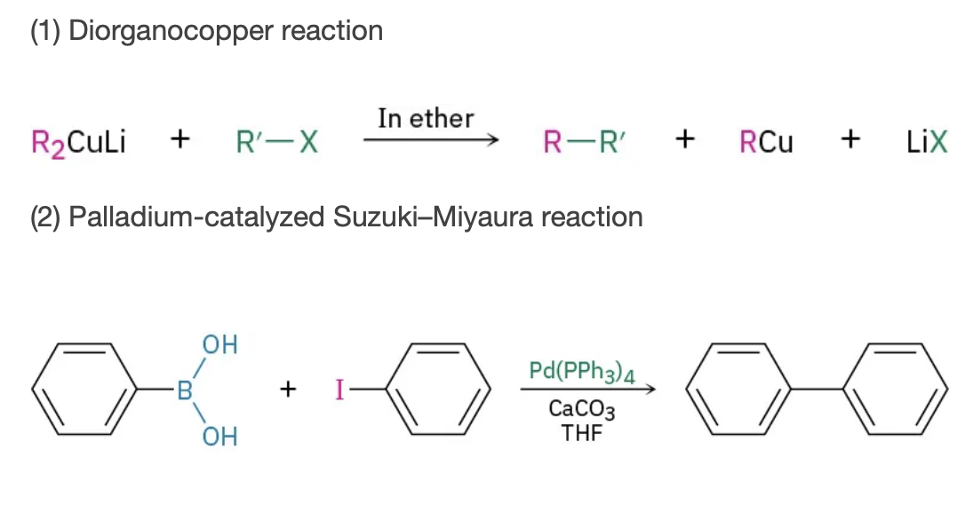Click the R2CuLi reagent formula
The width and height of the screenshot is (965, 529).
[79, 143]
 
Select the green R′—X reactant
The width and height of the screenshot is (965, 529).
[277, 142]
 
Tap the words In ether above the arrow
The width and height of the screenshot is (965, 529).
[426, 118]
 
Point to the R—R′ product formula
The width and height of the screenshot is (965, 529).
[584, 142]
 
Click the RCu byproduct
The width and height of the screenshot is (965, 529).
[766, 142]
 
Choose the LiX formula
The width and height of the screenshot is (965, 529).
[927, 142]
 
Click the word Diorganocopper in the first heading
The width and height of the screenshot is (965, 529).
[171, 31]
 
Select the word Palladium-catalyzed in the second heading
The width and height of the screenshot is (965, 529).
[196, 217]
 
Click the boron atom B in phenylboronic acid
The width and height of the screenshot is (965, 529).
[185, 391]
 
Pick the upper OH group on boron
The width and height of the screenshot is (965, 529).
[219, 344]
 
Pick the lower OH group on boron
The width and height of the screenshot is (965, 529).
[219, 437]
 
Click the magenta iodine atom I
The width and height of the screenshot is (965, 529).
[339, 390]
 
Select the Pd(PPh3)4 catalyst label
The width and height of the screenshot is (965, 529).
[582, 372]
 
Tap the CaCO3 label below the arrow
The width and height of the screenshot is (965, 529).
[582, 409]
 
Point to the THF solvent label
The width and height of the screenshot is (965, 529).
[582, 433]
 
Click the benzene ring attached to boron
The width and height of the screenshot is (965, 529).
[84, 389]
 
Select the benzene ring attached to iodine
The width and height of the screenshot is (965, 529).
[438, 389]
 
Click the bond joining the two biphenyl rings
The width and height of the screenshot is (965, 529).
[817, 389]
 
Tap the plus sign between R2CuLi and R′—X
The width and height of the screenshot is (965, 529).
[179, 139]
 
